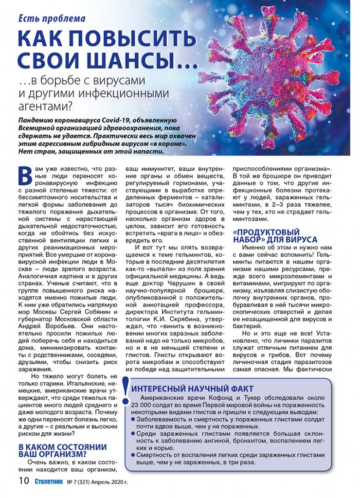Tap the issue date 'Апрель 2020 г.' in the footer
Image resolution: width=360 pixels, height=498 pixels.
click(108, 482)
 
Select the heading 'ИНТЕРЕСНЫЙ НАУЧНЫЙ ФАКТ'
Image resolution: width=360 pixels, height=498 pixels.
click(192, 389)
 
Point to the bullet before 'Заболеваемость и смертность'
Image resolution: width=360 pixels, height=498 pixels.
click(133, 419)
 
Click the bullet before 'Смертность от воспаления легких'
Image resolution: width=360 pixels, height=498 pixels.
click(133, 454)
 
